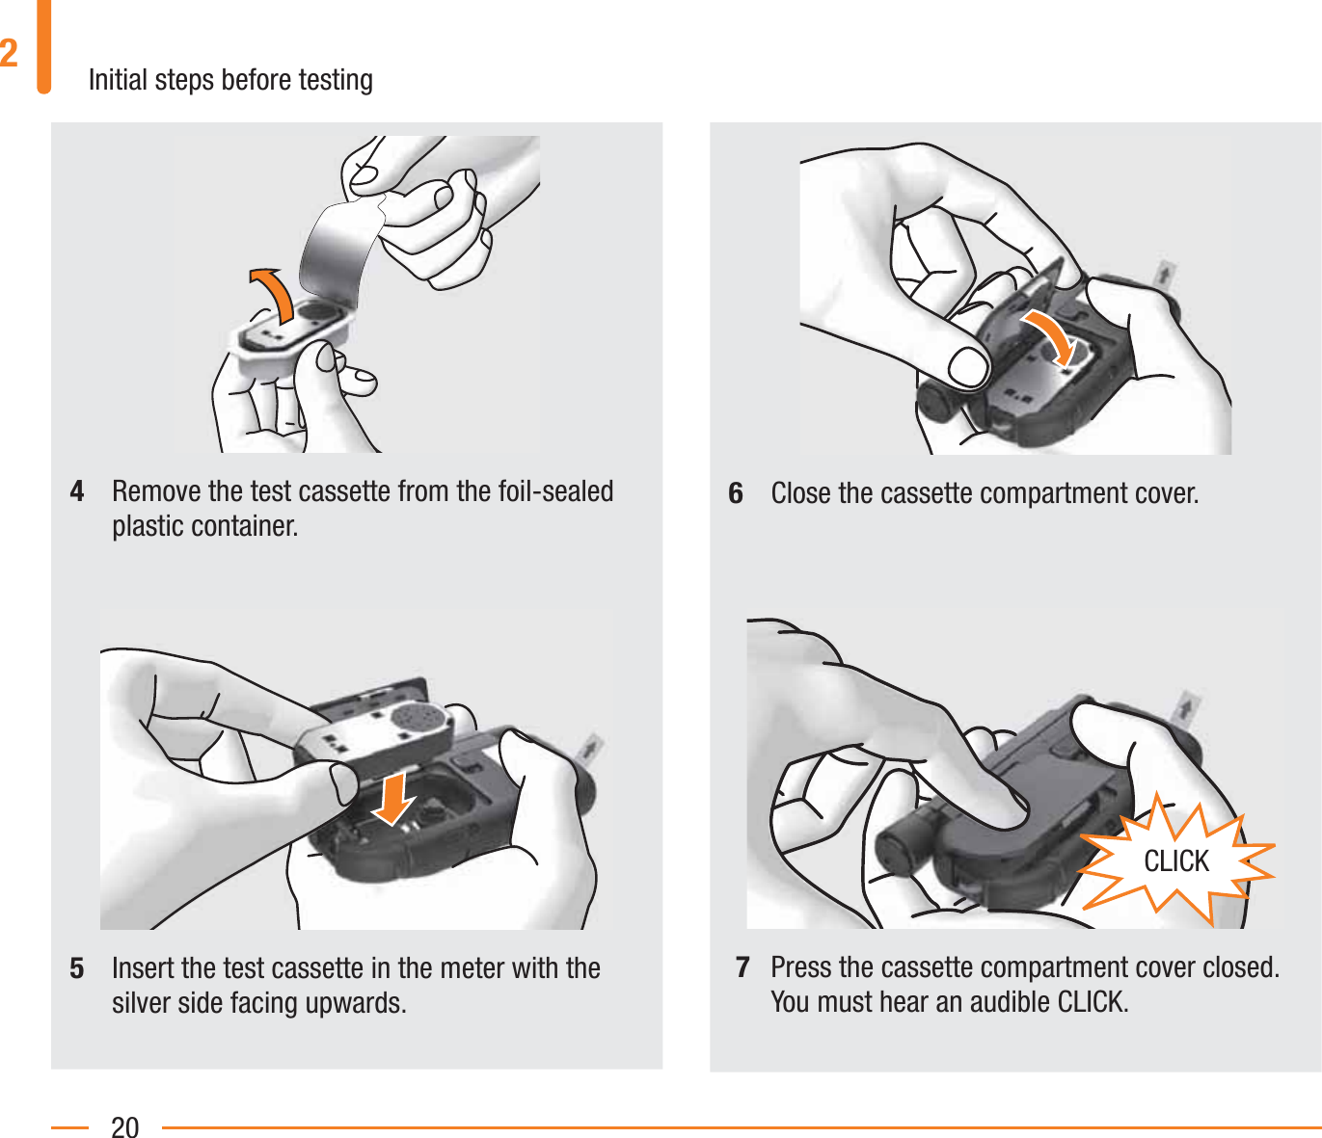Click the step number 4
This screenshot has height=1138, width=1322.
click(77, 491)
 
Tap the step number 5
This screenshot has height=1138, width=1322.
click(77, 967)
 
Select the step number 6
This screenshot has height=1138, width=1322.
click(736, 493)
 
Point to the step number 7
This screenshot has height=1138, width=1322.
click(742, 966)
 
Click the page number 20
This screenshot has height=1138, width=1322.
click(125, 1126)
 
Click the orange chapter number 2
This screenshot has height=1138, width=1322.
click(10, 53)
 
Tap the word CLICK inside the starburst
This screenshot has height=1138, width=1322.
click(1175, 860)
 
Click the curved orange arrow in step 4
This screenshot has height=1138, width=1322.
click(273, 293)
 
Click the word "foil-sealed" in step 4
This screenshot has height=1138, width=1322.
click(556, 491)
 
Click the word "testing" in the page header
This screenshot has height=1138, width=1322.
click(336, 79)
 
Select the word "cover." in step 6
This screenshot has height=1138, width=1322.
click(1167, 493)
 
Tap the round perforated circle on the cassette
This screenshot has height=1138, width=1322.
click(417, 716)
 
